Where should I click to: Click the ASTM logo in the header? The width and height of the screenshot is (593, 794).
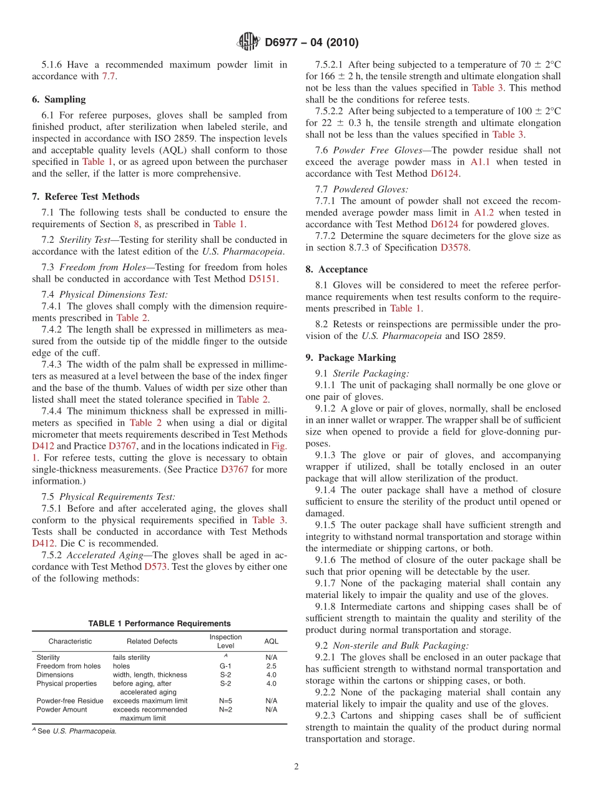[x=248, y=42]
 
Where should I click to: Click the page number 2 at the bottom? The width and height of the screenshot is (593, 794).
[x=296, y=767]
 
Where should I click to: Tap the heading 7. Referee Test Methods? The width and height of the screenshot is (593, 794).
[x=86, y=197]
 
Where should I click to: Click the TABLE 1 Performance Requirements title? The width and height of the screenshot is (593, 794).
[x=159, y=624]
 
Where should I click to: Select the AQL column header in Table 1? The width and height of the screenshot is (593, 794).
[x=271, y=641]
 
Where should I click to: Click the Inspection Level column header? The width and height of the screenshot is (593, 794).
[x=225, y=641]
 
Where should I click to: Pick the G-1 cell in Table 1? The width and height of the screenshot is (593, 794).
[x=225, y=666]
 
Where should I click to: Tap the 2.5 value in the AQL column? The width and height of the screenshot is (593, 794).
[x=271, y=666]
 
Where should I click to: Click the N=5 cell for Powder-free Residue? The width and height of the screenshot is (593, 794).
[x=225, y=701]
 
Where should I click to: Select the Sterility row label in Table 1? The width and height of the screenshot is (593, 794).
[x=48, y=657]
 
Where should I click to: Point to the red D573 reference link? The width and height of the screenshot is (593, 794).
[x=155, y=567]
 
